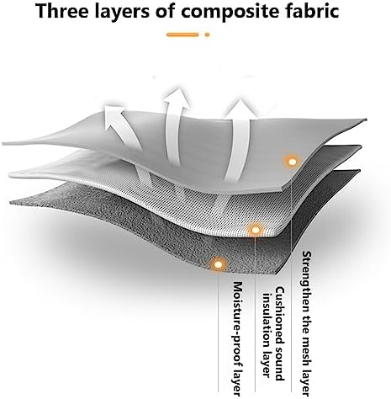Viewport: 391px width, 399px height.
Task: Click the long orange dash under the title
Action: tap(182, 35)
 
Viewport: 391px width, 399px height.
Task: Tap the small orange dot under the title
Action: tap(207, 35)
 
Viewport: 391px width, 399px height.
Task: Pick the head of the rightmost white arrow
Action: tap(240, 109)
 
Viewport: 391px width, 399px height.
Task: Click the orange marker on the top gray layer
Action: tap(292, 162)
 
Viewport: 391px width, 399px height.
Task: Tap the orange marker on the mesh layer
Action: tap(256, 230)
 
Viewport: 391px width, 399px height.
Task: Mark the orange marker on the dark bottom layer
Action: tap(218, 264)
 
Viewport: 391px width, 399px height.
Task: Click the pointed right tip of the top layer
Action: tap(366, 120)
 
